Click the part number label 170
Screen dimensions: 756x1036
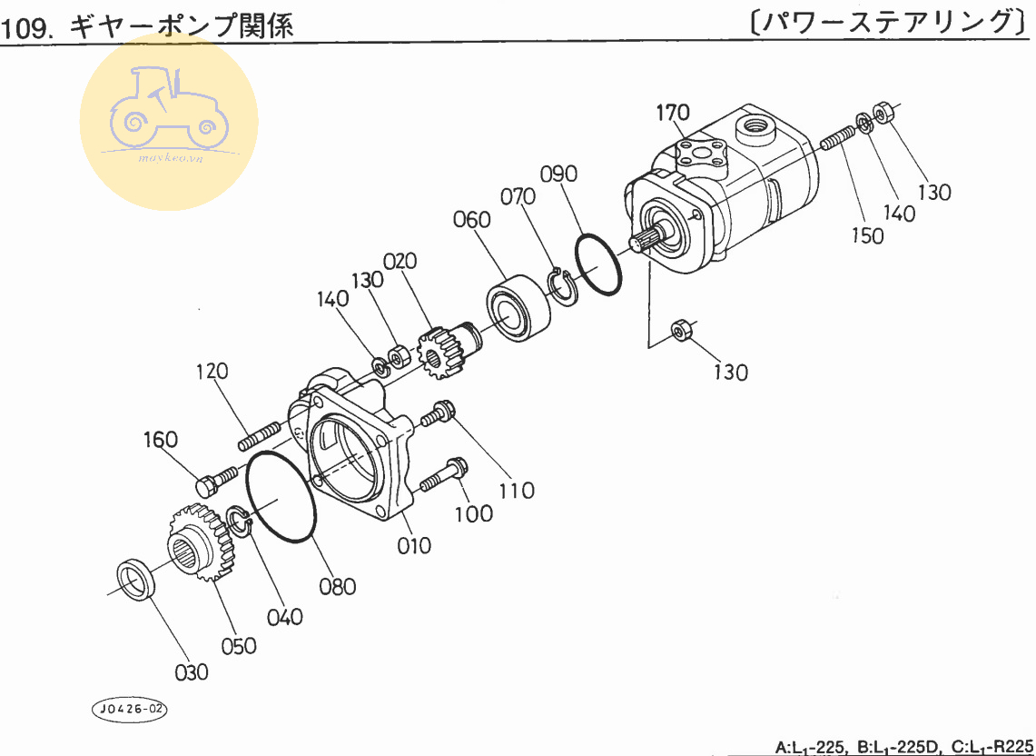click(673, 113)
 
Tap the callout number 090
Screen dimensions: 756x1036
click(558, 174)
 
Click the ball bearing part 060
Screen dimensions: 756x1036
click(518, 307)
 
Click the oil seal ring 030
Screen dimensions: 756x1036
click(135, 581)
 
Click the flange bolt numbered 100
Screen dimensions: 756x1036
click(444, 475)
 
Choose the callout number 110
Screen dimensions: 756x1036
click(517, 491)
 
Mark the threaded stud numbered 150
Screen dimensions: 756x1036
click(836, 139)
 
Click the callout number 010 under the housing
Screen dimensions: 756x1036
click(413, 546)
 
